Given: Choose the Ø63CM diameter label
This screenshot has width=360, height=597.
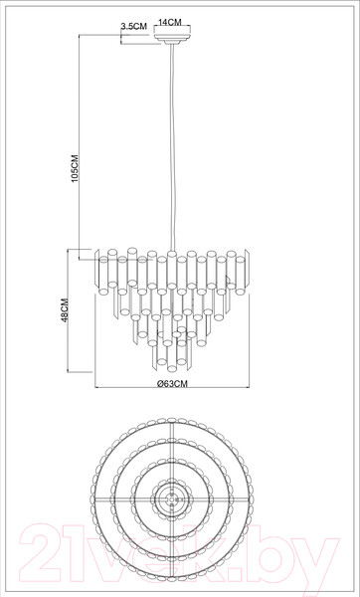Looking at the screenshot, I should click(x=173, y=393).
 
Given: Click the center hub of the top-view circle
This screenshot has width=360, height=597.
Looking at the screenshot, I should click(x=174, y=499).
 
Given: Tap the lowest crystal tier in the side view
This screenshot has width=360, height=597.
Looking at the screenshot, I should click(x=174, y=353).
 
